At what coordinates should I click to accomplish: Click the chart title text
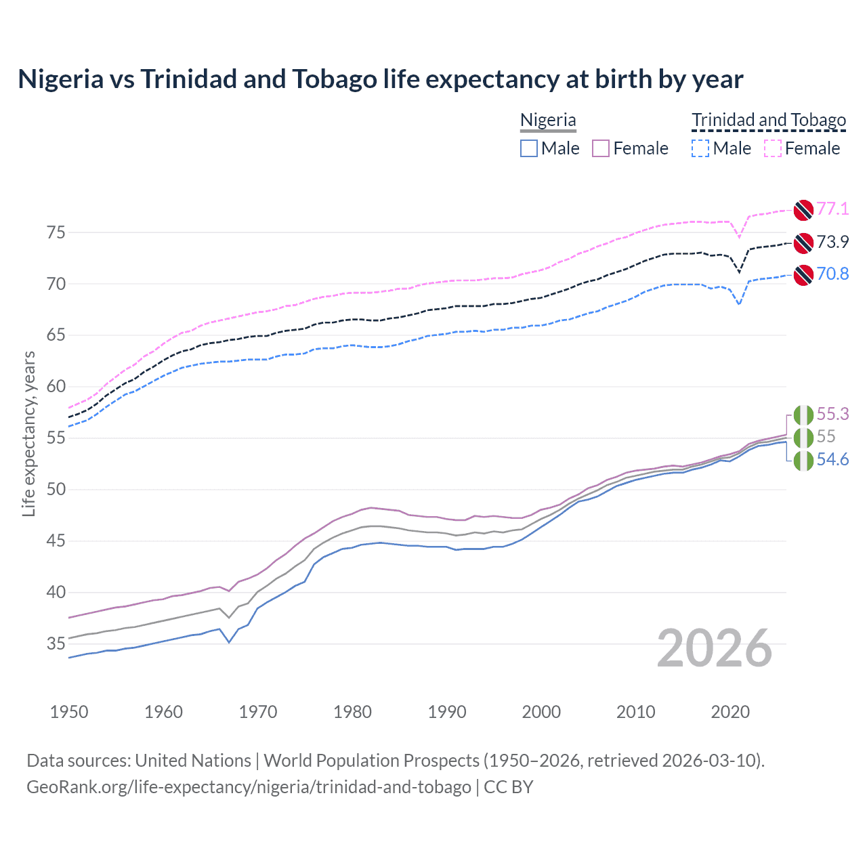(380, 79)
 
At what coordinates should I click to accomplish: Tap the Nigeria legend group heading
(548, 121)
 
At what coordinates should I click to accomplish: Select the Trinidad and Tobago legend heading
(769, 121)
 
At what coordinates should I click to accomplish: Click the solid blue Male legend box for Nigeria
(529, 148)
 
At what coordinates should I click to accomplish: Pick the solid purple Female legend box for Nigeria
(601, 148)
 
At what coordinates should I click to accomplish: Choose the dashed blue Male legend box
(701, 148)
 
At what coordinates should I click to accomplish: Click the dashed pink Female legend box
(773, 148)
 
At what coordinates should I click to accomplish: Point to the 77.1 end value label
(832, 209)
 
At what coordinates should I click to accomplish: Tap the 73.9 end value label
(832, 242)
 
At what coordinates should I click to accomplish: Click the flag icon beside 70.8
(803, 274)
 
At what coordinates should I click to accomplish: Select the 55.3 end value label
(832, 414)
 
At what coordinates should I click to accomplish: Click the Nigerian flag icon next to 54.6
(803, 461)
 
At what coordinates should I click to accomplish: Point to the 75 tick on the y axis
(56, 232)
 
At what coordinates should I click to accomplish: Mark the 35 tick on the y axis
(56, 643)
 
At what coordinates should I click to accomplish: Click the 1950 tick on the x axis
(69, 712)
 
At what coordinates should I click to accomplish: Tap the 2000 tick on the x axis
(541, 712)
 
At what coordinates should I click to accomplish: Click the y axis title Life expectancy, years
(28, 433)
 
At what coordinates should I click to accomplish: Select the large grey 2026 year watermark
(715, 648)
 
